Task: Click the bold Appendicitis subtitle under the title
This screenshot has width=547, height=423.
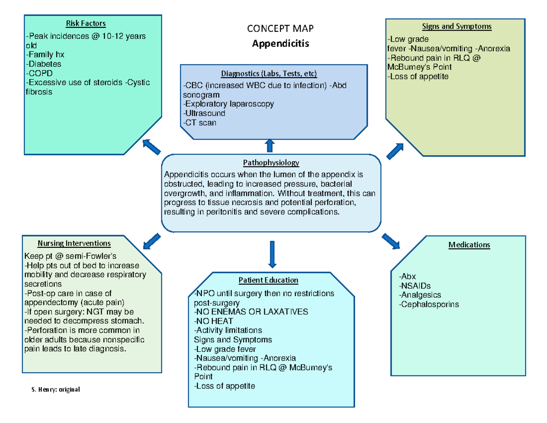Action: tap(280, 44)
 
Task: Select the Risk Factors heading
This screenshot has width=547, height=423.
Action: tap(86, 23)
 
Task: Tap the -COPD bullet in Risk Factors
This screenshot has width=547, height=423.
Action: tap(40, 73)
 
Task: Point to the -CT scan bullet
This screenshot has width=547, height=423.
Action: tap(200, 122)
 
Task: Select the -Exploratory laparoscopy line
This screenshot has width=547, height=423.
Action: tap(228, 104)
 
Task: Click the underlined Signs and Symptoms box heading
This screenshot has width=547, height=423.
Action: tap(463, 26)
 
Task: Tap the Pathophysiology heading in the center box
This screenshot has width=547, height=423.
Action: tap(271, 162)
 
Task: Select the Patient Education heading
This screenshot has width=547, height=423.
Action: tap(268, 280)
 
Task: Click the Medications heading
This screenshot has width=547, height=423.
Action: tap(469, 245)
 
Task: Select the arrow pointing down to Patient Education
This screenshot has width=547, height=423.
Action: tap(272, 254)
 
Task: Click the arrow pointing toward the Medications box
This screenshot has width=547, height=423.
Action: tap(391, 241)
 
